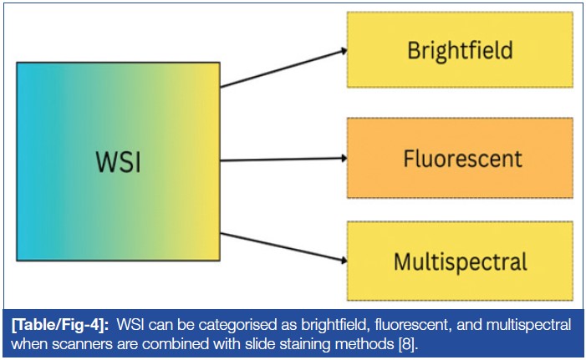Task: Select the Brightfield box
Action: (x=461, y=49)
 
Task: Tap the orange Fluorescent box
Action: (x=461, y=157)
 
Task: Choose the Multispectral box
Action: (x=461, y=261)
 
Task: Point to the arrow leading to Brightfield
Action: (x=284, y=68)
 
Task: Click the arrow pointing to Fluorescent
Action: (x=284, y=159)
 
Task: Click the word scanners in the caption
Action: (x=77, y=342)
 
